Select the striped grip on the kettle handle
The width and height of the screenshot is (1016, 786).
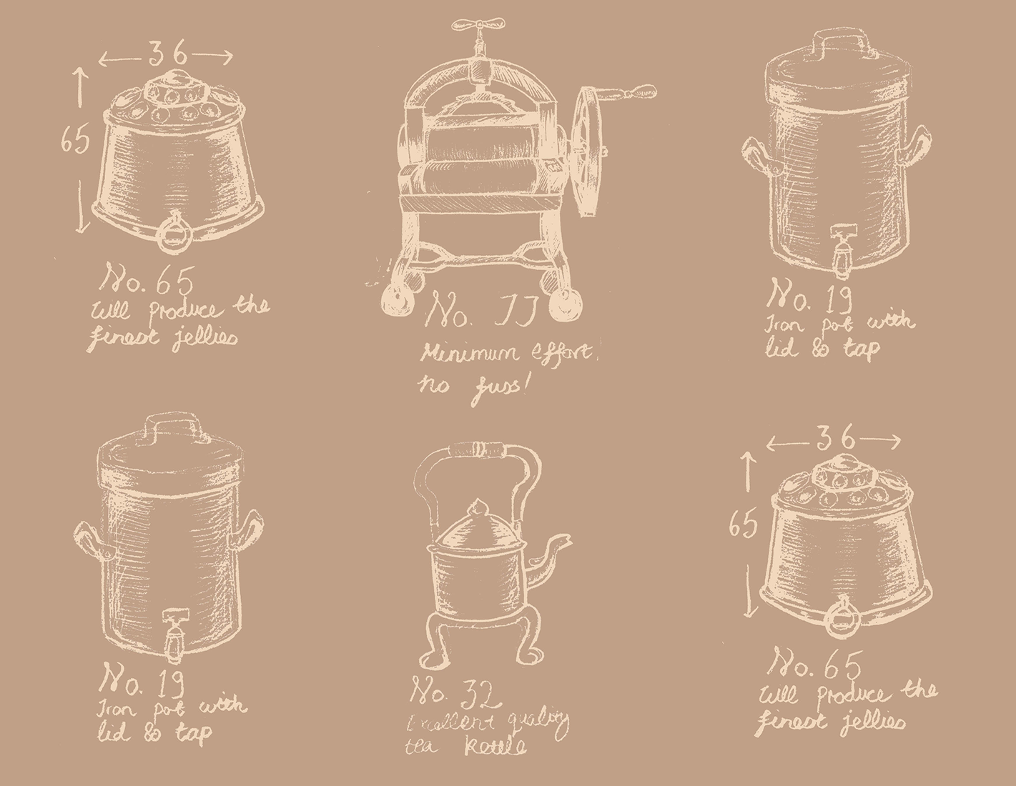click(476, 450)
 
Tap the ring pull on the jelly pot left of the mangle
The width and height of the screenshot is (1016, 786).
click(174, 232)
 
